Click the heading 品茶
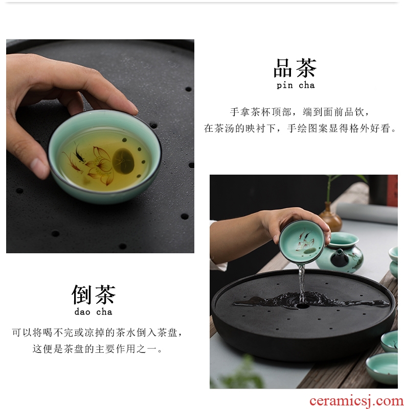[295, 68]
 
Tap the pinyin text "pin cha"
[296, 85]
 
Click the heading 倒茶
[93, 295]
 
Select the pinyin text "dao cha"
[93, 311]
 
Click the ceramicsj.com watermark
[356, 401]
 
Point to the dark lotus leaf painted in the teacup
[122, 161]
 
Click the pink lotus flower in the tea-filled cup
[99, 165]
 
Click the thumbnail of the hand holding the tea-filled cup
[100, 146]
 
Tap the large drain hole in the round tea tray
[302, 306]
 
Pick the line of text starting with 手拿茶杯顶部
[300, 112]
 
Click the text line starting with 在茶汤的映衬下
[300, 128]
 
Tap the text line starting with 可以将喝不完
[97, 332]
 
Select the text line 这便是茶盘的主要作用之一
[97, 349]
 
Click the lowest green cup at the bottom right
[383, 368]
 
